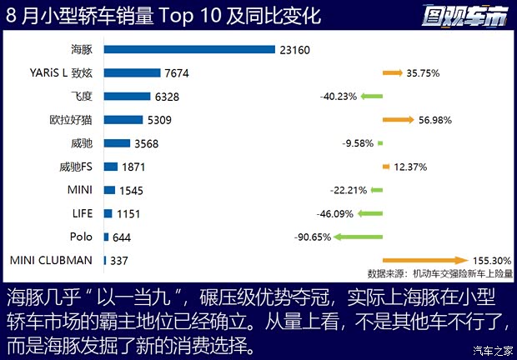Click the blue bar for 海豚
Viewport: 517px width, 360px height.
(x=189, y=49)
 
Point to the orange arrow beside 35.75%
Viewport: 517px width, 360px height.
(x=393, y=72)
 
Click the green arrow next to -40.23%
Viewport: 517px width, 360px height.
(x=371, y=97)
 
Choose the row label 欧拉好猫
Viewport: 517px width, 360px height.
(x=72, y=120)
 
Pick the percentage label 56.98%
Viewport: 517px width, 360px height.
(x=439, y=120)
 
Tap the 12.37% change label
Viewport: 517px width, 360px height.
(x=411, y=167)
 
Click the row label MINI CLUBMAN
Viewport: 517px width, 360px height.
(x=52, y=260)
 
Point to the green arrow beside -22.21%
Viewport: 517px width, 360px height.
(x=377, y=190)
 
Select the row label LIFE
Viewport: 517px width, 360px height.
(x=83, y=213)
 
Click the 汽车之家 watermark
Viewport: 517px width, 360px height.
(x=492, y=349)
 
